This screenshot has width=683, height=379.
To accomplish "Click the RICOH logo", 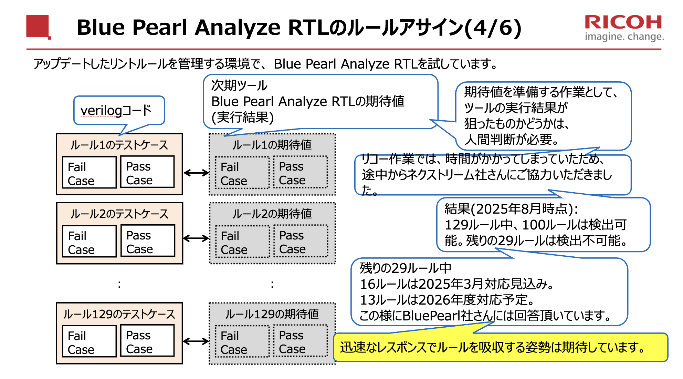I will (623, 22).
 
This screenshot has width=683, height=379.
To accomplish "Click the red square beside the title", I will (38, 26).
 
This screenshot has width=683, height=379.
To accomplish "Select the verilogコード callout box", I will (119, 110).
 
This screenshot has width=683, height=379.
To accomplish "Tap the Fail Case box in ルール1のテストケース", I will (89, 173).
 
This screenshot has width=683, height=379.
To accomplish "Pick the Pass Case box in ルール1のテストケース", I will (147, 172).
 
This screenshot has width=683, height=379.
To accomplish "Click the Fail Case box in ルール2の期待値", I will (242, 242).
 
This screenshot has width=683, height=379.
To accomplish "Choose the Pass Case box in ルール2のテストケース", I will (148, 241).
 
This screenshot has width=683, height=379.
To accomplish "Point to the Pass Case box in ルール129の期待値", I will (301, 341).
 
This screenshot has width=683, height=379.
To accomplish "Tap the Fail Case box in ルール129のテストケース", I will (89, 341).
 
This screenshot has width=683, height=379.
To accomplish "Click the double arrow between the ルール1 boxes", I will (196, 173).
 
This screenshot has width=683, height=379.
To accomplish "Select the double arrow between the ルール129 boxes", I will (196, 341).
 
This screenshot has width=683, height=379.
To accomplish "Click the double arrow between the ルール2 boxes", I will (196, 238).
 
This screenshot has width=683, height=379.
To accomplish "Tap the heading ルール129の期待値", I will (272, 314).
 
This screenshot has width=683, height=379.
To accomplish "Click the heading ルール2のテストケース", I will (119, 214).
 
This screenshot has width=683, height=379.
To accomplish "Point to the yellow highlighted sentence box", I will (500, 347).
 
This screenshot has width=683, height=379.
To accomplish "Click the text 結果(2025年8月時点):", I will (511, 209).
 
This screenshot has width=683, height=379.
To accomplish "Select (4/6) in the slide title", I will (493, 28).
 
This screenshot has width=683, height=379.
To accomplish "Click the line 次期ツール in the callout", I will (239, 85).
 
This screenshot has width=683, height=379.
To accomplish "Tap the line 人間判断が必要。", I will (511, 140).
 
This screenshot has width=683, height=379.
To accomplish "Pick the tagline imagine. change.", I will (624, 37).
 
